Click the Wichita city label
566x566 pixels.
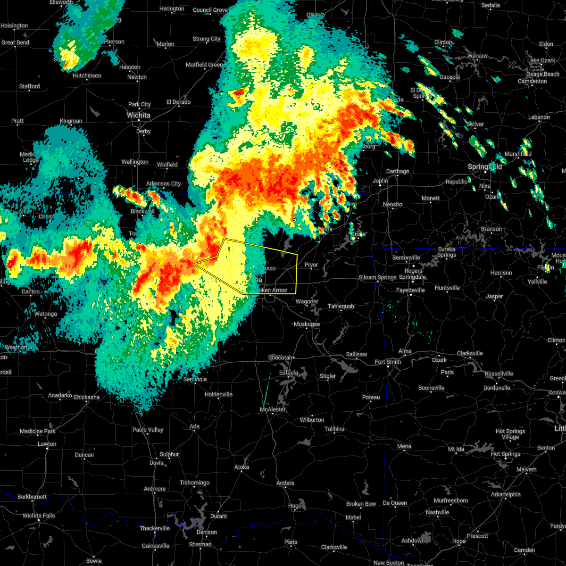coord(139,115)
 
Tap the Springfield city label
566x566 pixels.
coord(485,167)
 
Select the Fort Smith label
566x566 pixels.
coord(388,362)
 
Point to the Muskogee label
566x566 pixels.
coord(307,324)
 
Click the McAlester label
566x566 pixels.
coord(273,409)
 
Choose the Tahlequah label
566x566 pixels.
coord(341,306)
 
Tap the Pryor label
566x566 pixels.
coord(311,265)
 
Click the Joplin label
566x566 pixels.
coord(380,181)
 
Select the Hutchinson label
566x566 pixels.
coord(87,75)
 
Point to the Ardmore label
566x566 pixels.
coord(155,489)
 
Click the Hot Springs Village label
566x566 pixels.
coord(510,434)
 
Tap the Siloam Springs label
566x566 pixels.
coord(377,277)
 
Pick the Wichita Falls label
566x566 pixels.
coord(39,516)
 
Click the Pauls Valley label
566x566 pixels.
coord(148,430)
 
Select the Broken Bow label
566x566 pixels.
coord(361,504)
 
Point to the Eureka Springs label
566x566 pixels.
coord(446,252)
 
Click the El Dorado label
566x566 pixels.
coord(178,102)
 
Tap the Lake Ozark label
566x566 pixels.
coord(541,60)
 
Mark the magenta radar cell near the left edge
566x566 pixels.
coord(10,265)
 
